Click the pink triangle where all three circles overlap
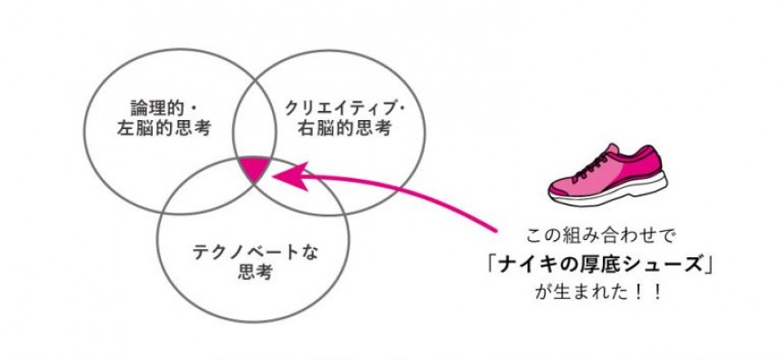(255, 168)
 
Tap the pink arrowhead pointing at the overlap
(289, 175)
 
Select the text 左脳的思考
(164, 129)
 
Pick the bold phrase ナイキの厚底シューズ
(599, 265)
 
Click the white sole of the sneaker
(609, 191)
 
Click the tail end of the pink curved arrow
(496, 231)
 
